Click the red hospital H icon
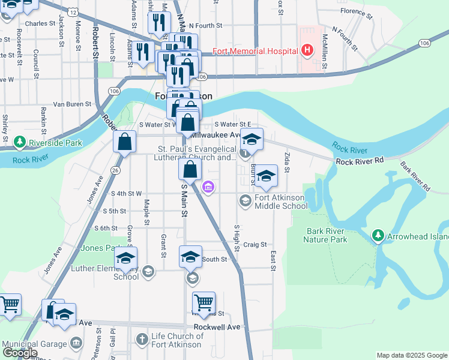tap(307, 50)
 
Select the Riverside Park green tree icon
tap(19, 142)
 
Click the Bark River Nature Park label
tap(325, 235)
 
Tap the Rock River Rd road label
tap(359, 161)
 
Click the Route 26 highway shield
tap(115, 170)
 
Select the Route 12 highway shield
tap(72, 11)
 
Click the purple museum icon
tap(208, 187)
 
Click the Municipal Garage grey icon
tap(76, 343)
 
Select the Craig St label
tap(255, 245)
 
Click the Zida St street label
tap(287, 163)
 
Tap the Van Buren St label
tap(71, 104)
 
